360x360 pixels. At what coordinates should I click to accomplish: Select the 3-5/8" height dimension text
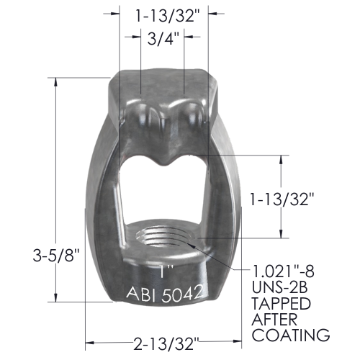click(x=56, y=255)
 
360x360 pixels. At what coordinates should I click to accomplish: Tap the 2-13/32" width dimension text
click(x=166, y=343)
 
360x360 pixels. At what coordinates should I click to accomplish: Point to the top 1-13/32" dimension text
click(x=168, y=16)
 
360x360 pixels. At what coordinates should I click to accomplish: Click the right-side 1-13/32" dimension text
click(x=282, y=199)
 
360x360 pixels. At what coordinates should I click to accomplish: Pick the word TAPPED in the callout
click(x=281, y=303)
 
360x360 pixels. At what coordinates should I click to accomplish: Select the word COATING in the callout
click(x=291, y=335)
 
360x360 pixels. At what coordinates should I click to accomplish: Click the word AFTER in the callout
click(x=274, y=319)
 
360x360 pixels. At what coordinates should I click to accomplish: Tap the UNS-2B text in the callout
click(x=279, y=287)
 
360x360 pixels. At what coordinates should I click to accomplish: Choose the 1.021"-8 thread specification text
click(x=283, y=271)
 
